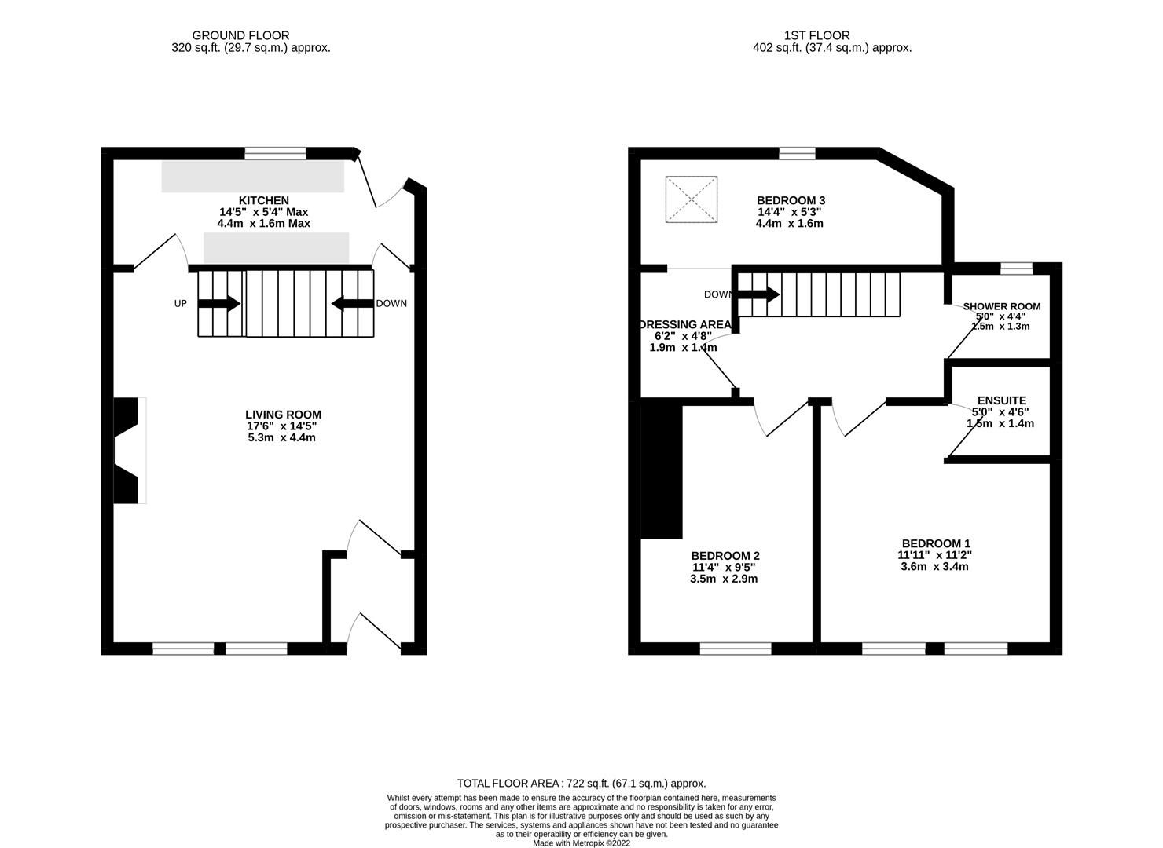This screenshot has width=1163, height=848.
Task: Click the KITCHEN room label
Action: pos(264,201)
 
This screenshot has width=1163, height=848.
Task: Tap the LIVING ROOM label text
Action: pos(283,415)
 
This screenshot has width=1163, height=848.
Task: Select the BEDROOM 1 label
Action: pos(935,543)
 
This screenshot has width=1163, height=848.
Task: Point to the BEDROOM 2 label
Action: pos(725,556)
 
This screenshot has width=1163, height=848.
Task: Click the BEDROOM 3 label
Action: pos(791,201)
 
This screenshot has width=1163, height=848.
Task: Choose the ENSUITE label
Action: pos(1001,400)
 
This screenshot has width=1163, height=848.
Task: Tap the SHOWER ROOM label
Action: pos(1001,306)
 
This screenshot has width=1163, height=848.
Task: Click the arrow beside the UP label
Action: pos(223,303)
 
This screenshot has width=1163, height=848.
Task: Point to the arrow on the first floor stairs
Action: pos(759,295)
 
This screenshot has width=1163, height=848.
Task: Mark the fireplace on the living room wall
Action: pos(130,451)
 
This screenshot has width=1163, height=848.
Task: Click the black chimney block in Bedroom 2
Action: pos(662,469)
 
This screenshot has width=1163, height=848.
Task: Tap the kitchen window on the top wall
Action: pos(275,153)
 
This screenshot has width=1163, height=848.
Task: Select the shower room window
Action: pos(1017,269)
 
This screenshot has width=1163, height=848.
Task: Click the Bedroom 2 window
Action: pos(736,649)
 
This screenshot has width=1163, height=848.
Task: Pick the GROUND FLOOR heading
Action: pos(240,35)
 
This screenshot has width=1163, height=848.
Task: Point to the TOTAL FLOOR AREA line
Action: pos(581,783)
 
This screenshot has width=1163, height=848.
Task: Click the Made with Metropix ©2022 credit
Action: pos(581,843)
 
